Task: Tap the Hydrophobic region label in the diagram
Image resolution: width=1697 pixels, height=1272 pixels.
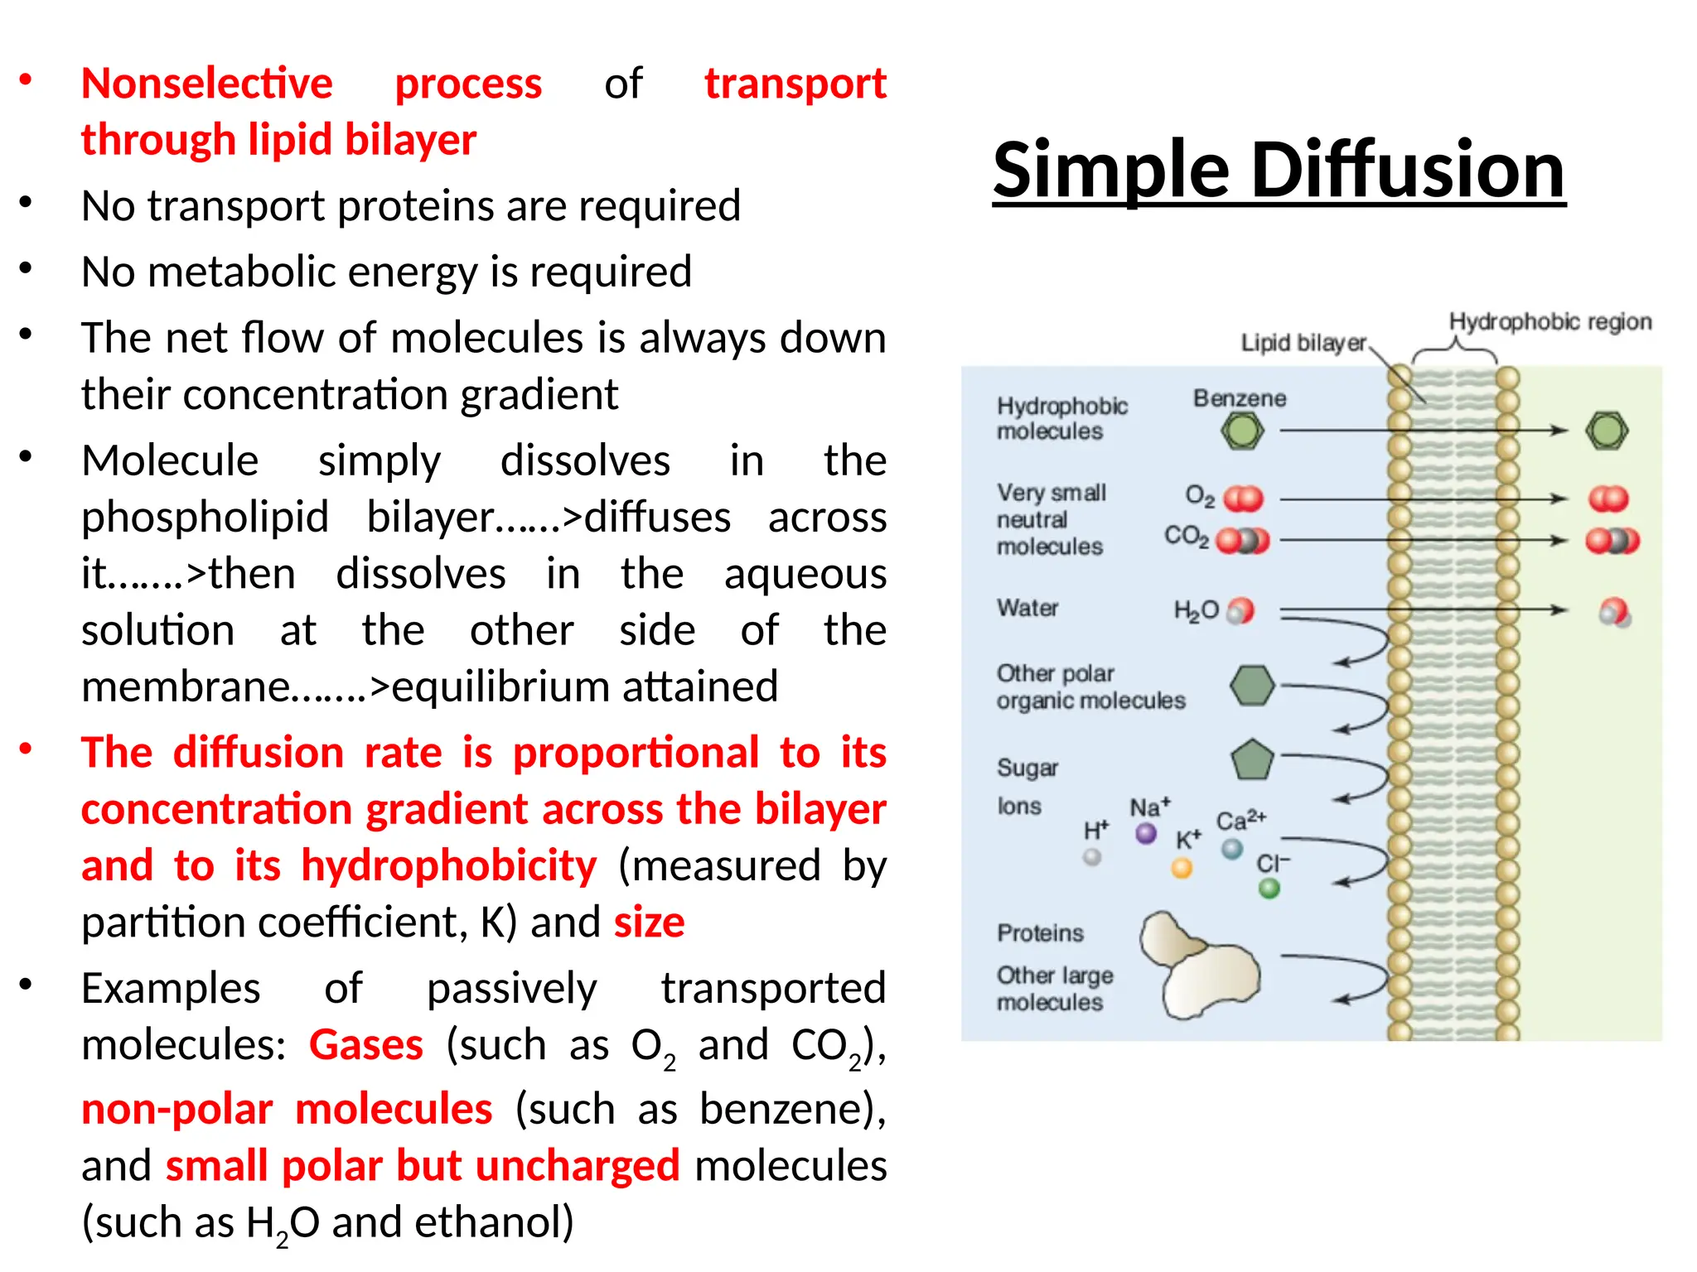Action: coord(1550,321)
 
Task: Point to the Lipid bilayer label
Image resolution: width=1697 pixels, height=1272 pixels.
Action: coord(1303,343)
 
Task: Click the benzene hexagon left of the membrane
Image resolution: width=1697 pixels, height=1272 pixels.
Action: coord(1242,431)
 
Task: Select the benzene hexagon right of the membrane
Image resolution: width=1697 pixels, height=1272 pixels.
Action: coord(1607,431)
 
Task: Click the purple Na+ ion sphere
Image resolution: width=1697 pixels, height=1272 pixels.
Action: coord(1146,833)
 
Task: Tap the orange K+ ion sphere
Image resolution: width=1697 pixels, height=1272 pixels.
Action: coord(1182,868)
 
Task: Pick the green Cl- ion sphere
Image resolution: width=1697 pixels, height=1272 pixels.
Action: coord(1269,889)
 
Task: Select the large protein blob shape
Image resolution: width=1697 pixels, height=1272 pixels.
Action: coord(1200,966)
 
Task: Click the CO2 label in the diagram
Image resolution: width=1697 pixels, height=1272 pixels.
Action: coord(1186,537)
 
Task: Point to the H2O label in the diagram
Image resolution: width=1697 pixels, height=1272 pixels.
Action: coord(1196,611)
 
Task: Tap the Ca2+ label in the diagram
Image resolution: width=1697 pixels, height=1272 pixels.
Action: coord(1240,820)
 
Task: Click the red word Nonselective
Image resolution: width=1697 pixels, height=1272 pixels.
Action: coord(207,84)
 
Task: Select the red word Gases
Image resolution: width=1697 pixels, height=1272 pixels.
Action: coord(366,1044)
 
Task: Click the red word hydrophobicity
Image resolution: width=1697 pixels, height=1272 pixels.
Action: coord(448,865)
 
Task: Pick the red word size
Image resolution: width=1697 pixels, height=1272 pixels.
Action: coord(649,922)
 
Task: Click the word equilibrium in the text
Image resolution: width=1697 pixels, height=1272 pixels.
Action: coord(502,687)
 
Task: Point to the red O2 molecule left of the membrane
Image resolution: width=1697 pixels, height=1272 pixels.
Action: coord(1243,499)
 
